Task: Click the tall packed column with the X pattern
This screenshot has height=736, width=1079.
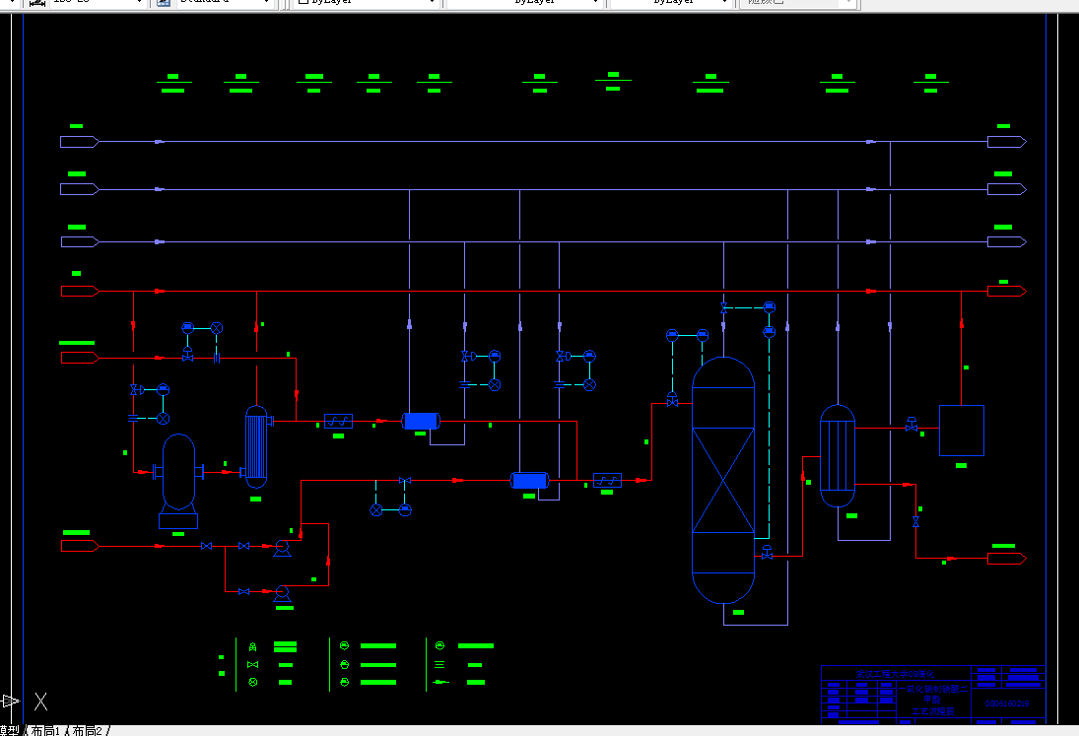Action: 722,479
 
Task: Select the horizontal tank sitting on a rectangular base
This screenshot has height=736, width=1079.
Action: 178,472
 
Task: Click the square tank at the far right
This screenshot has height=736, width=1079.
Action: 961,430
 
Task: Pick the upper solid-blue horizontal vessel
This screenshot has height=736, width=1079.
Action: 421,422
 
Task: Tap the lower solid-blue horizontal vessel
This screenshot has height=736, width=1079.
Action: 529,481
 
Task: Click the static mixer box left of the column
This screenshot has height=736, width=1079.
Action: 607,481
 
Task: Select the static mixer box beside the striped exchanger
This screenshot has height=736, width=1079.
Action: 338,422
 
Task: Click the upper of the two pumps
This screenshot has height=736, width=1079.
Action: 281,546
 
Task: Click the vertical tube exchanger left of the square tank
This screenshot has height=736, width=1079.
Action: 838,455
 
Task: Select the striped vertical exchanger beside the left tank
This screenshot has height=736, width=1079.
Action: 256,446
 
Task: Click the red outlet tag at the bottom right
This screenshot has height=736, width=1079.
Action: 1006,559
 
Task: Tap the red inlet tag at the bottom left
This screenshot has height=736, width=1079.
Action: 80,545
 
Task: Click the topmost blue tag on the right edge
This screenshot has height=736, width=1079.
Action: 1006,142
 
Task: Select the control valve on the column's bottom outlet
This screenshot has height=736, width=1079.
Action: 767,553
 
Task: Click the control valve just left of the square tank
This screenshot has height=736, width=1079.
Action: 911,427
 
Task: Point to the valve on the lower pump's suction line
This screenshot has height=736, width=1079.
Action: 243,591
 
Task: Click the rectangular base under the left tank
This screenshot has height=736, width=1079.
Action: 178,520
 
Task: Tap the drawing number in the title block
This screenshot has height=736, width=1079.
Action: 1005,703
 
